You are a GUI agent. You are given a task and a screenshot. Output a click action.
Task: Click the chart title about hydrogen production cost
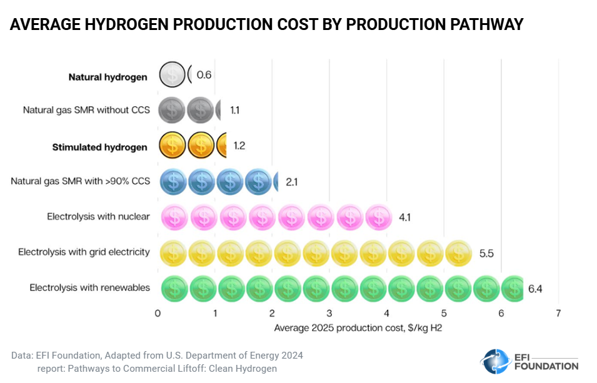tap(266, 25)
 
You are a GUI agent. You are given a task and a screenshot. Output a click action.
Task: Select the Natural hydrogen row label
tap(108, 77)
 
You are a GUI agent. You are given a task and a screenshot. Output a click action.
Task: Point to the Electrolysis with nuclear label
tap(98, 217)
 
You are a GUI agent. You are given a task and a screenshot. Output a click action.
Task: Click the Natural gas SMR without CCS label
tap(86, 111)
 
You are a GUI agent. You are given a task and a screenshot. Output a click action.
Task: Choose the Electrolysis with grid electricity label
tap(84, 252)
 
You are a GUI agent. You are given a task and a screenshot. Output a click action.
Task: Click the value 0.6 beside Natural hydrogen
tap(204, 75)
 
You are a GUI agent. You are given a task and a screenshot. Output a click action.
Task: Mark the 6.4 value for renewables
tap(535, 289)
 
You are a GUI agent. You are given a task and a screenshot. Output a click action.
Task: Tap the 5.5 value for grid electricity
tap(487, 254)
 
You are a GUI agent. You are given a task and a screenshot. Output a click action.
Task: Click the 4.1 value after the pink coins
tap(404, 218)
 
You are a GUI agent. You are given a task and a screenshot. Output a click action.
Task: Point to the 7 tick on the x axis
tap(558, 313)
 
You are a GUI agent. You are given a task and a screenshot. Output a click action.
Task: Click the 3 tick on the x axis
tap(329, 313)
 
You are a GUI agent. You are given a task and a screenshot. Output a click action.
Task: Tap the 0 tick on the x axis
tap(158, 313)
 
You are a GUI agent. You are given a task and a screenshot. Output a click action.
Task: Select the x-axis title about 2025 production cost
tap(358, 327)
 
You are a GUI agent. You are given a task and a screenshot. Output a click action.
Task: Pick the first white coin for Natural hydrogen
tap(171, 75)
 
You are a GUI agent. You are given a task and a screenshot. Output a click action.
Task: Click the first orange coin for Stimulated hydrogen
tap(171, 146)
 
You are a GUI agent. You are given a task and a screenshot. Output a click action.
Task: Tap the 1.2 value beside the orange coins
tap(239, 146)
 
